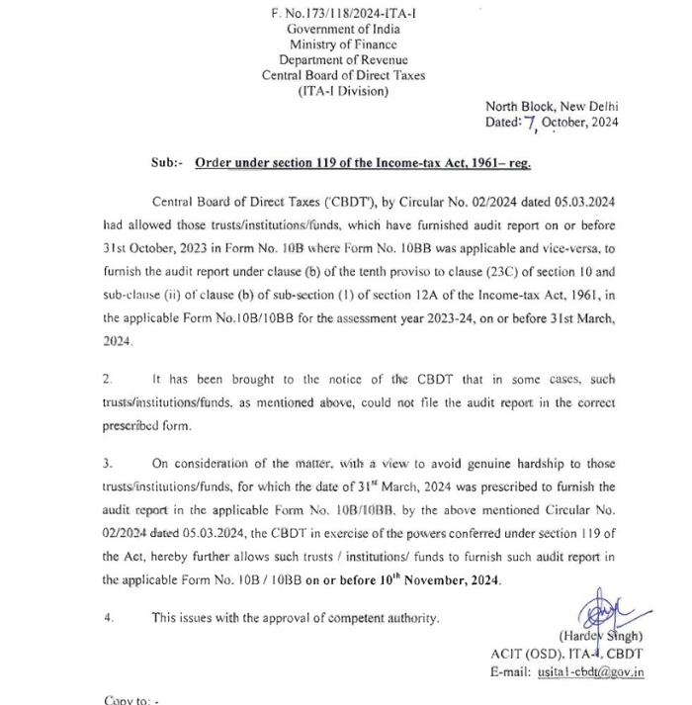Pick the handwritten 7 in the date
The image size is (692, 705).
coord(531,124)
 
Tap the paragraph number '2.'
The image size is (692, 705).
coord(108,379)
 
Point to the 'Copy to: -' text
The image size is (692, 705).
coord(132,700)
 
